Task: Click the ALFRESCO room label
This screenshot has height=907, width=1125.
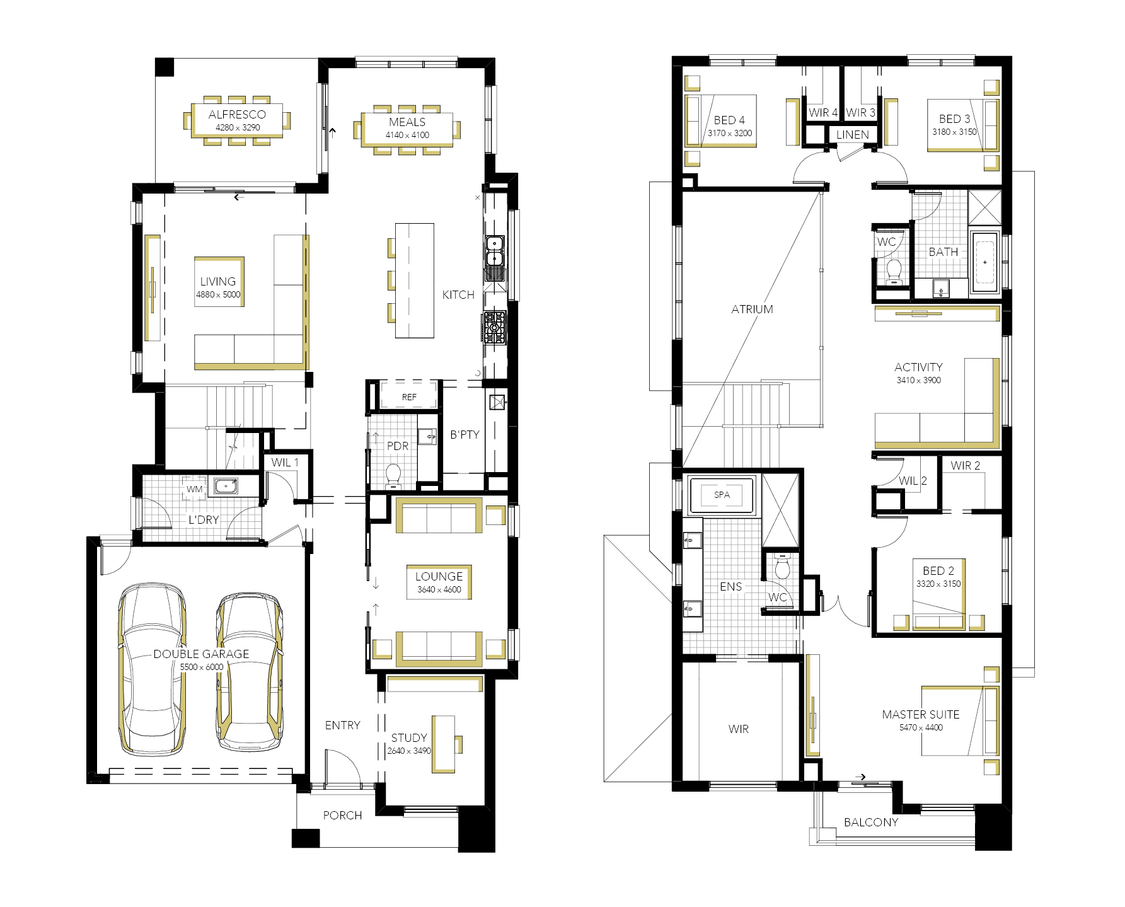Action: [237, 114]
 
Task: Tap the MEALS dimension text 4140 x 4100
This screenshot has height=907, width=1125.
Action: [407, 135]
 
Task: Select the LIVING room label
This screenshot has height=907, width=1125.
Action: [218, 281]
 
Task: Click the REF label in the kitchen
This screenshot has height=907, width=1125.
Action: [409, 397]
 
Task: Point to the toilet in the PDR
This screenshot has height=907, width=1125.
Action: [393, 477]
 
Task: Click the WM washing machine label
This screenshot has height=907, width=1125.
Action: [195, 489]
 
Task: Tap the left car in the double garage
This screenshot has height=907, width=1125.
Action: [152, 669]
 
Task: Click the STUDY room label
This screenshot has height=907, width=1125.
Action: [409, 737]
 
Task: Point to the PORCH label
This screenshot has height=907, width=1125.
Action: [342, 815]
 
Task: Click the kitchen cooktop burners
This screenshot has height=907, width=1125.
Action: [495, 327]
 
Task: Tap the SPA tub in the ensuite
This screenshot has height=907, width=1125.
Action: [722, 495]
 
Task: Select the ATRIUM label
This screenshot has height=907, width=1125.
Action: [752, 309]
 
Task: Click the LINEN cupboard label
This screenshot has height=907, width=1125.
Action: [852, 134]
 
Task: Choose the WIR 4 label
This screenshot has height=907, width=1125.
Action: [823, 112]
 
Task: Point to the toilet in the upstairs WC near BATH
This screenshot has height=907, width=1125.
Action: [894, 272]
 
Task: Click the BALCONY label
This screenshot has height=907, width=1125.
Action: [871, 822]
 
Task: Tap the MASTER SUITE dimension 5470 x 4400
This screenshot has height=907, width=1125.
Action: [921, 727]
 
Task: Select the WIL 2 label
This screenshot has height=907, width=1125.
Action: [913, 480]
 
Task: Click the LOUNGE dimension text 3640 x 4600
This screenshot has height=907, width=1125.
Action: [439, 589]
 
